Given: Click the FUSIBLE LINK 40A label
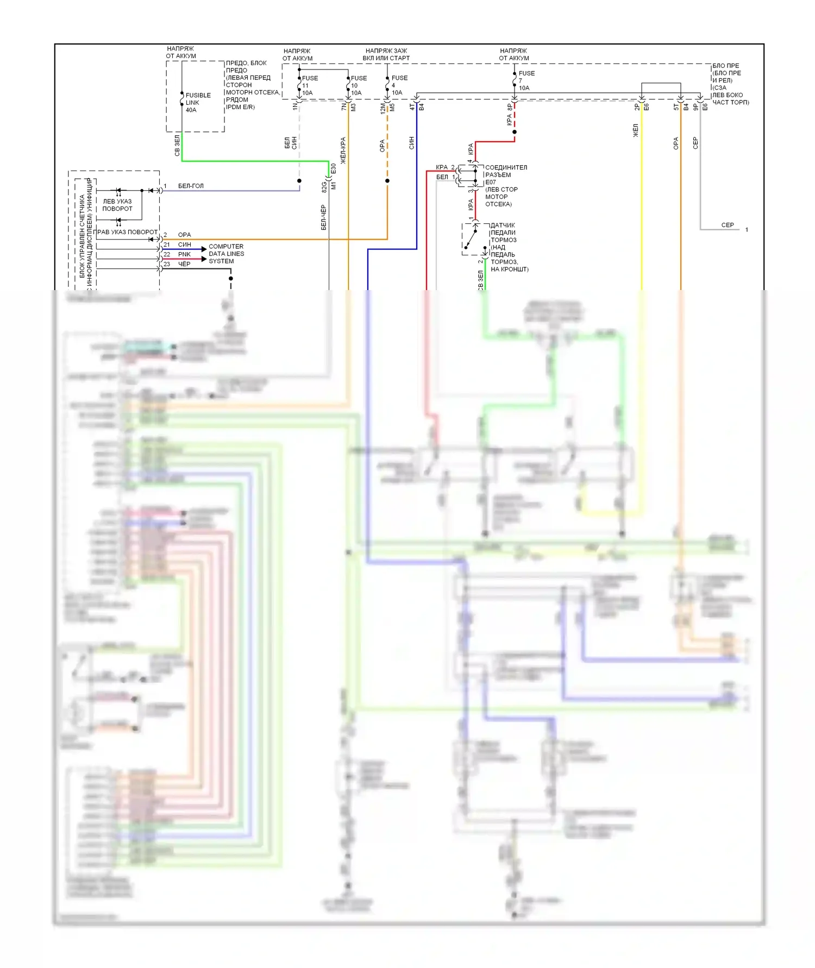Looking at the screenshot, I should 198,103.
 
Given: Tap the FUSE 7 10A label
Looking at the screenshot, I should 526,80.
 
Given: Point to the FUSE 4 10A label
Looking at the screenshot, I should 399,85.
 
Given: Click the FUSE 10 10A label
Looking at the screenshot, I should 358,85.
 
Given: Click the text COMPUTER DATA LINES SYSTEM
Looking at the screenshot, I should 226,254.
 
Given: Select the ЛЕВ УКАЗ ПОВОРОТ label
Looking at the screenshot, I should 117,205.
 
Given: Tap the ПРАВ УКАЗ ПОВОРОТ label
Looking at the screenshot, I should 126,232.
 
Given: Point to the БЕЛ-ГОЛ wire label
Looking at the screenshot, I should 191,186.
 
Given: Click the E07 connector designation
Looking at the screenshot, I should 490,182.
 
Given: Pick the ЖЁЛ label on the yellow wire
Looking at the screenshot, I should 636,130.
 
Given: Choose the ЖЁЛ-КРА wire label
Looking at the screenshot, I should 343,150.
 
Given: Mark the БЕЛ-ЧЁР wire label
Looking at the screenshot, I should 324,217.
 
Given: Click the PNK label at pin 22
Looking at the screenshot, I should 184,254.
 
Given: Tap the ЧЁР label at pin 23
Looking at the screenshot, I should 184,264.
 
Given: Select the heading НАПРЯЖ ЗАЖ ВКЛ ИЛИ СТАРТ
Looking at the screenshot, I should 386,54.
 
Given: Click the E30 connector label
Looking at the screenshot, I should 334,169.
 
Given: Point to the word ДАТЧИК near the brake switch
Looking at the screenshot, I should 502,225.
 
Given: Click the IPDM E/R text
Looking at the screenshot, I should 240,107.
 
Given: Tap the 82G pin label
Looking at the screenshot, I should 324,187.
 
